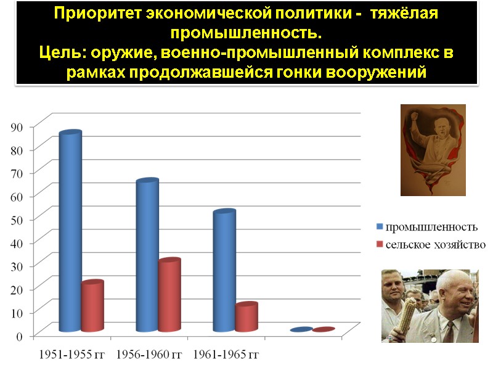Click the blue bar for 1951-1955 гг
(70, 231)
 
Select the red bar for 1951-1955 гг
(92, 306)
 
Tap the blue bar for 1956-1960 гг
(147, 255)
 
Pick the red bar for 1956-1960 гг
(169, 295)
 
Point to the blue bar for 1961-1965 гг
(224, 271)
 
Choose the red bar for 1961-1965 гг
(246, 318)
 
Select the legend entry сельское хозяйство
(435, 244)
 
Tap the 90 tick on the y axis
(17, 126)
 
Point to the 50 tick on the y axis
(17, 220)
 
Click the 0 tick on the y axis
(20, 336)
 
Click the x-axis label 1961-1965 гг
(226, 355)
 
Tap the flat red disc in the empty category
(324, 330)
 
